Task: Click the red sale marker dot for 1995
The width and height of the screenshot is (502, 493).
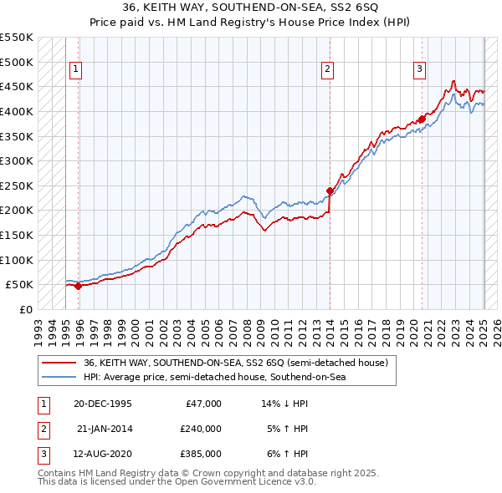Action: click(x=79, y=286)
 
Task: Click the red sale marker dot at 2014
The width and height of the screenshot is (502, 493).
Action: click(x=330, y=191)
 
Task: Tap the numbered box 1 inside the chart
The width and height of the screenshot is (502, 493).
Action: click(x=76, y=69)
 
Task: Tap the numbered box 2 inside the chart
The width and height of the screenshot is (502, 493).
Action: click(x=327, y=69)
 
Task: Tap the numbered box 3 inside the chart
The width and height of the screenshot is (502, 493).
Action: click(x=419, y=69)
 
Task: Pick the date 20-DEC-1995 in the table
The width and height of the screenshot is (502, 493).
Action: click(x=103, y=404)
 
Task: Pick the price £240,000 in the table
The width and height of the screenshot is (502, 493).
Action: click(x=201, y=429)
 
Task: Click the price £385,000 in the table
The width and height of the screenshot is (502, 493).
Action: click(x=201, y=454)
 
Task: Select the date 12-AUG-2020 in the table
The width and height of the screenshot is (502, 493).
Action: click(x=103, y=454)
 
